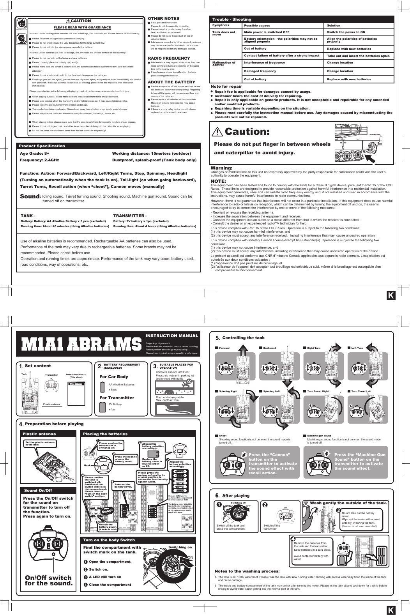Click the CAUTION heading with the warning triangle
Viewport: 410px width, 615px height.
79,21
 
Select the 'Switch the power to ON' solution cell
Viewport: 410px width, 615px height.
346,32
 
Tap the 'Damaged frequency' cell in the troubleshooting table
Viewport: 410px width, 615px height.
260,71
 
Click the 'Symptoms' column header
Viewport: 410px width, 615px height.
221,25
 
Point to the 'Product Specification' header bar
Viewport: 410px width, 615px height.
42,146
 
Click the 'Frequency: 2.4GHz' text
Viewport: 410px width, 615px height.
39,160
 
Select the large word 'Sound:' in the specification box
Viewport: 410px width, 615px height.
30,196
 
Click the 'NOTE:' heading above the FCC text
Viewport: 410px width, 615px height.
218,181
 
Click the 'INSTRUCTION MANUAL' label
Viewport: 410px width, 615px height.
171,335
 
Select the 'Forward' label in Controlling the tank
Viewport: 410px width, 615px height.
224,348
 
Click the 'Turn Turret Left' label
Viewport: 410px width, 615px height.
361,391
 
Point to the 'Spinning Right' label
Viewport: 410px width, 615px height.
228,391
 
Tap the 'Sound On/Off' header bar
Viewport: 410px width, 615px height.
38,490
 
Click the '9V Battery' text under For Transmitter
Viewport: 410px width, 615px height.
115,405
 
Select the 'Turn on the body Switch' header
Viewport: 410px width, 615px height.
109,540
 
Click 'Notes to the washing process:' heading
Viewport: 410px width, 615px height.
247,571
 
